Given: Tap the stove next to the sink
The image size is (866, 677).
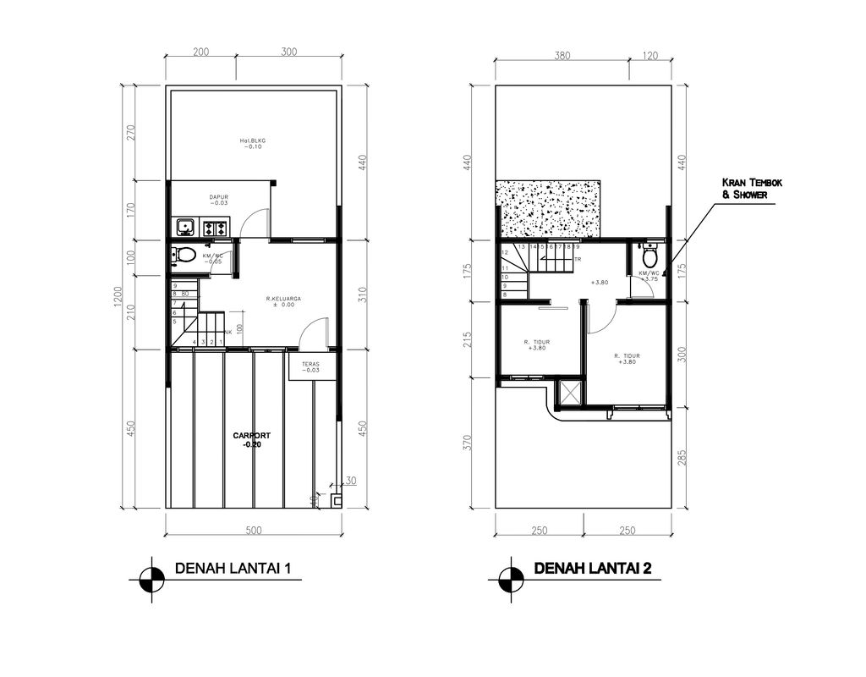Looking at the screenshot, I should click(215, 227).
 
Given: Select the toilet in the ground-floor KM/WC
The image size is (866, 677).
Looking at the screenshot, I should click(185, 254).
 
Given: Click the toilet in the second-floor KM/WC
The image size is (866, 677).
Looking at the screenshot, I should click(649, 256).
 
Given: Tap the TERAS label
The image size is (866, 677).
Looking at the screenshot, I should click(311, 366).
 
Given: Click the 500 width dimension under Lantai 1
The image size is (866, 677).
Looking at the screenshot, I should click(253, 531).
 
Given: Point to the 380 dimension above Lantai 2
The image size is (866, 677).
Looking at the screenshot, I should click(562, 56).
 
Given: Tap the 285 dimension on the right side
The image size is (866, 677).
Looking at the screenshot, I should click(682, 457).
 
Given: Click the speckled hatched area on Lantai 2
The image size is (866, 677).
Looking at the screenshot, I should click(548, 209).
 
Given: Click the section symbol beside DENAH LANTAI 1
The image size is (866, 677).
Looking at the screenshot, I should click(152, 580).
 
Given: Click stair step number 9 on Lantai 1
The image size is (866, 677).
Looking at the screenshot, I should click(175, 286).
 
